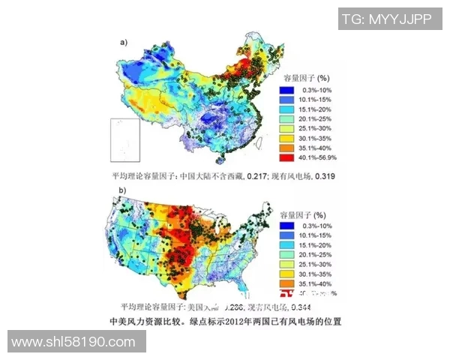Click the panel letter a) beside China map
click(123, 43)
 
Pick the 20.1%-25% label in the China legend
click(317, 119)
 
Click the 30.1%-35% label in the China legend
click(317, 139)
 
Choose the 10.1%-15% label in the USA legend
click(317, 234)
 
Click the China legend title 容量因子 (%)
click(307, 78)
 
